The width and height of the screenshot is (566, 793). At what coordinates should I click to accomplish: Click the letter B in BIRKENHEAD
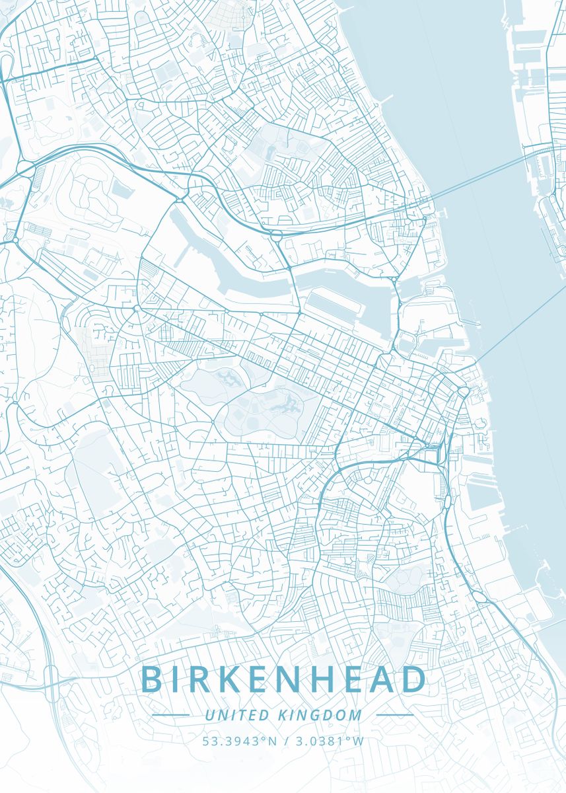[151, 679]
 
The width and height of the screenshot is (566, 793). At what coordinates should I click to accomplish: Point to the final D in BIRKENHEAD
[413, 679]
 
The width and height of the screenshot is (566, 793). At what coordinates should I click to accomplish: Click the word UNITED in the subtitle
[237, 715]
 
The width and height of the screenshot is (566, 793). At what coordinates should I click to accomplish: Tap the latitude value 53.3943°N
[240, 741]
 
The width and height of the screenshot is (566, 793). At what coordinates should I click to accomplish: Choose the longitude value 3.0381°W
[328, 741]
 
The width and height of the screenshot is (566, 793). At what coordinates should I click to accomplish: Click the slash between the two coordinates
[285, 741]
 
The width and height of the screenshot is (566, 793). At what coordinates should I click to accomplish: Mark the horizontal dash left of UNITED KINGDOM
[170, 715]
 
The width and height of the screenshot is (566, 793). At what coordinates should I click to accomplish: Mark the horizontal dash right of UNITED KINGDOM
[394, 715]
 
